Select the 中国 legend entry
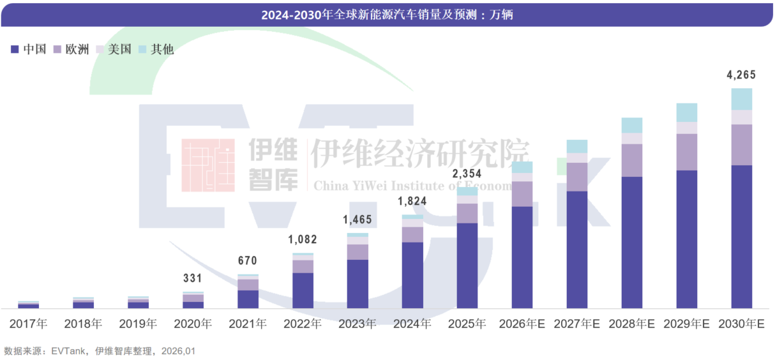pos(29,49)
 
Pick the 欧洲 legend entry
pos(71,49)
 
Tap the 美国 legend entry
pos(114,49)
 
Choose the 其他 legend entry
pos(156,49)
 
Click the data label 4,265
pos(741,75)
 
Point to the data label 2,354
pos(467,174)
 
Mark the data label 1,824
pos(412,202)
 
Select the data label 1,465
pos(357,220)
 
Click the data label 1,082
pos(302,240)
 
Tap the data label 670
pos(247,260)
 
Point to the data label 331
pos(192,278)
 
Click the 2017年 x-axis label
pos(29,324)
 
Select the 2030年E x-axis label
pos(741,324)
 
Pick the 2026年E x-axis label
pos(522,324)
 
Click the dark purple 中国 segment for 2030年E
pos(741,236)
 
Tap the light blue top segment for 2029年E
pos(686,112)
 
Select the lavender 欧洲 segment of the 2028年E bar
pos(631,160)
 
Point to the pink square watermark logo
pos(208,165)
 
